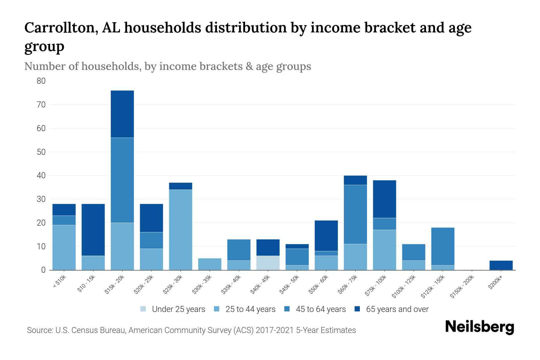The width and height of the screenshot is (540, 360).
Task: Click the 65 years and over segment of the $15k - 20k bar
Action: coord(122,114)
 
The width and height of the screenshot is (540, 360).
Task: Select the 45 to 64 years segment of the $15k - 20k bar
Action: coord(122,180)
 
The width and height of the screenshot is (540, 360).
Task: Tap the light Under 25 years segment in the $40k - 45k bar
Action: coord(268,263)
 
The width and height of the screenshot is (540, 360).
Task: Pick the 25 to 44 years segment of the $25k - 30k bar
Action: coord(181,230)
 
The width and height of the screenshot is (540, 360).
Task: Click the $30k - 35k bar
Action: coord(210,264)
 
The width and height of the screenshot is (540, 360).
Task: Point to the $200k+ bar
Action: coord(501,265)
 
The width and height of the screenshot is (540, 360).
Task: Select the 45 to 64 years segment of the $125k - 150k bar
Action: coord(443,246)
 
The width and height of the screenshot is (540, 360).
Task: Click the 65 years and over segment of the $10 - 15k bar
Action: coord(93,230)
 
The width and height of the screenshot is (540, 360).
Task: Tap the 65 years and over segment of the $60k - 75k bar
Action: coord(355,180)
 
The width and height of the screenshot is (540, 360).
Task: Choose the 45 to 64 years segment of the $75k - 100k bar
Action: coord(384,224)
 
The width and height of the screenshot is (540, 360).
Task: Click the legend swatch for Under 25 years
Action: coord(143,309)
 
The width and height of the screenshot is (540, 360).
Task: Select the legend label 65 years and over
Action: coord(397,309)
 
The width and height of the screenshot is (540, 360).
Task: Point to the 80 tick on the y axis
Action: coord(41,81)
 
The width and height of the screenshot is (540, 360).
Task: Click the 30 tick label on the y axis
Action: coord(41,199)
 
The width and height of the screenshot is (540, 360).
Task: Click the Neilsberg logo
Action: coord(479,327)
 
